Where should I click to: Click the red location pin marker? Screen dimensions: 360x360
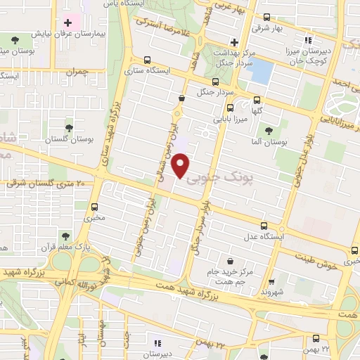click(181, 165)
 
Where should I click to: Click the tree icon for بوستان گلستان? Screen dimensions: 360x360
click(69, 128)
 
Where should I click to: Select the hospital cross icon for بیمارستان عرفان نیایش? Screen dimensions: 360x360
click(67, 23)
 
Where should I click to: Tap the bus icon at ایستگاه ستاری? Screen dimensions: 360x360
click(146, 60)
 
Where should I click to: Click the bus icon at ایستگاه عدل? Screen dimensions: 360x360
click(264, 226)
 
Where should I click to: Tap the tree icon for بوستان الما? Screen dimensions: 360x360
click(267, 129)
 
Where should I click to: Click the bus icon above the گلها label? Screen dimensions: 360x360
click(256, 99)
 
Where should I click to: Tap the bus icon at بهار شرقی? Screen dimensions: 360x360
click(266, 17)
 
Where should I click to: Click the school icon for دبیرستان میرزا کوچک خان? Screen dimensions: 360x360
click(307, 39)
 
